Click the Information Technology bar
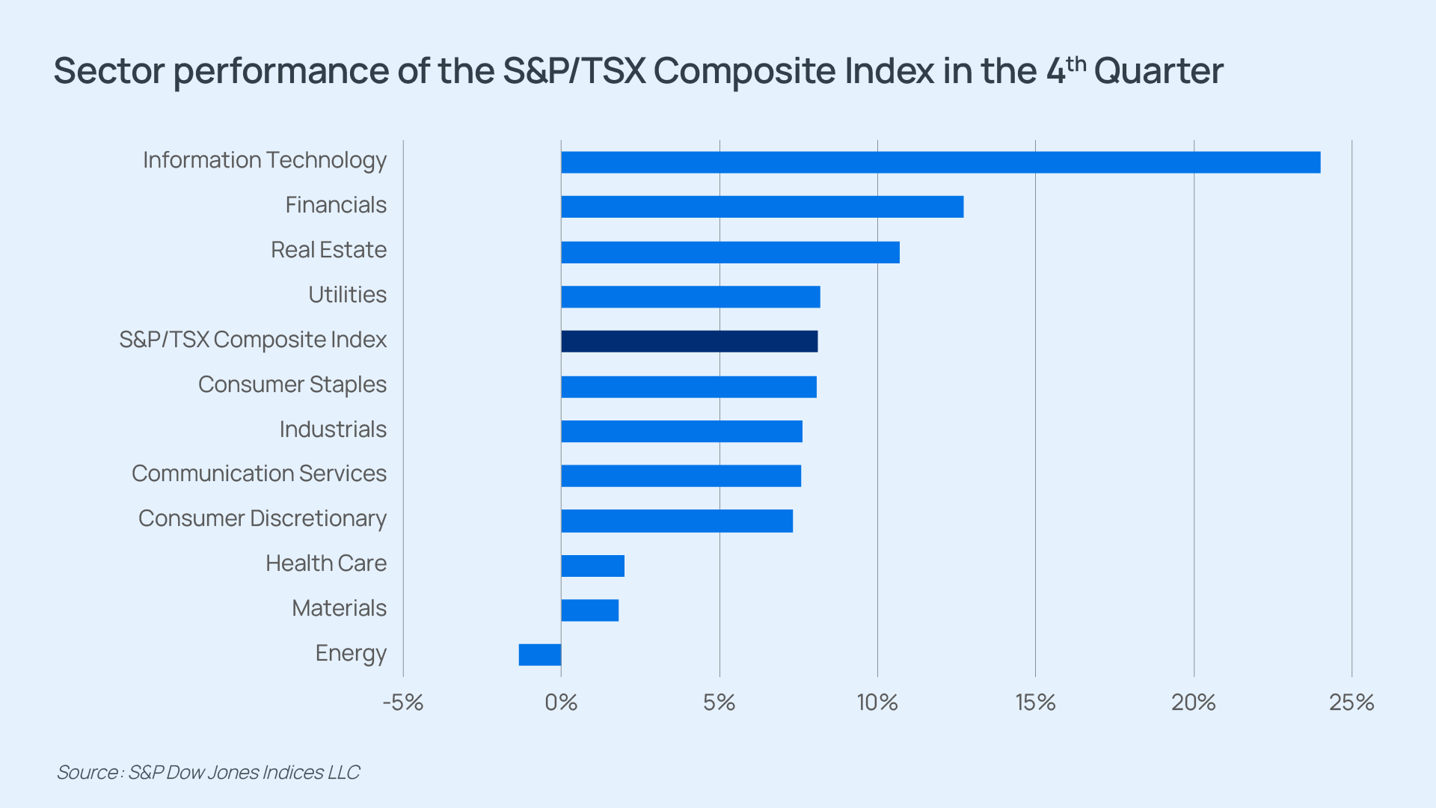point(941,162)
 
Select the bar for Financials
point(762,207)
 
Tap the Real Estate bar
point(730,252)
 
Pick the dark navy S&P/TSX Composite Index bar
point(690,341)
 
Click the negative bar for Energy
point(540,655)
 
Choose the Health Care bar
point(593,566)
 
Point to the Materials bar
point(590,610)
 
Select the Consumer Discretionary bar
point(677,521)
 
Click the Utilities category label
point(348,295)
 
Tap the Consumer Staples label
point(292,385)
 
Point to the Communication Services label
point(259,474)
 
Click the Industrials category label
point(333,429)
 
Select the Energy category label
point(351,654)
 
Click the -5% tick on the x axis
point(403,703)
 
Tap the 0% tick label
point(561,703)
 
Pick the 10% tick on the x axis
point(877,703)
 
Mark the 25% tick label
point(1351,703)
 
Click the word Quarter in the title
point(1159,72)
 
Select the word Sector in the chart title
point(109,72)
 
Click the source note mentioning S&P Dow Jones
point(208,772)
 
